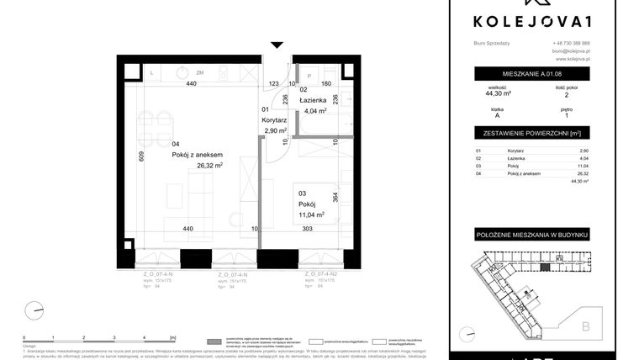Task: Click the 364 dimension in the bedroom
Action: click(336, 197)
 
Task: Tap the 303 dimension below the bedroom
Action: click(307, 228)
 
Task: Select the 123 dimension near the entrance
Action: click(273, 84)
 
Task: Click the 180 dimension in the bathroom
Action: click(326, 84)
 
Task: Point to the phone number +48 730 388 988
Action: click(571, 43)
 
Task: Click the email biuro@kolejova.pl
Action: click(571, 51)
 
